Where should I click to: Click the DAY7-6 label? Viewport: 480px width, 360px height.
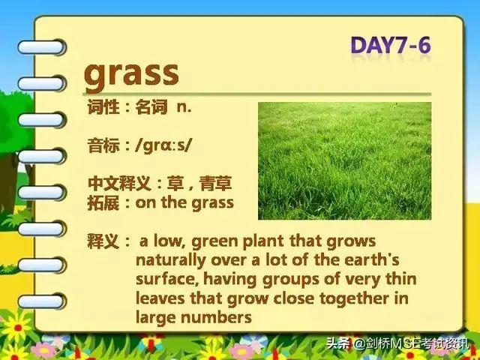tap(391, 46)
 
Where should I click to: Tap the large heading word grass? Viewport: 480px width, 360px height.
tap(131, 74)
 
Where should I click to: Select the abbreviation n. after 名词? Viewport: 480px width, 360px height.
tap(184, 107)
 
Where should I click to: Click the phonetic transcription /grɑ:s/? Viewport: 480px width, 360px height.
tap(163, 145)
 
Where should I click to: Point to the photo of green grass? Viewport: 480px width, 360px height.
tap(345, 161)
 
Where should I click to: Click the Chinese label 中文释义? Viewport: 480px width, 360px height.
tap(119, 183)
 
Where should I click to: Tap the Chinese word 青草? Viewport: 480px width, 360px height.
tap(215, 183)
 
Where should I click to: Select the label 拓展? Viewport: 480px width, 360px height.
tap(103, 203)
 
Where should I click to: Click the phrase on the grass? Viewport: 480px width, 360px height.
tap(184, 203)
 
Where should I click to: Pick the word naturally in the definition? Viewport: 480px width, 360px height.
tap(171, 261)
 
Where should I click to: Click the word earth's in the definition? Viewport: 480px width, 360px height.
tap(372, 260)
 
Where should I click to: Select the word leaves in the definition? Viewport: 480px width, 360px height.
tap(160, 298)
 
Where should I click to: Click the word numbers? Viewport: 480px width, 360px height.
tap(216, 317)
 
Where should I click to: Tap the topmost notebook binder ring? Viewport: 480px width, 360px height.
tap(42, 47)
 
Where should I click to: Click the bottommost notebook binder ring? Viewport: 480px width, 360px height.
tap(42, 301)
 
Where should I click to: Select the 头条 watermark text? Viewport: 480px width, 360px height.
tap(338, 343)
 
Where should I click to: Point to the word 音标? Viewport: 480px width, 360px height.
tap(103, 145)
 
